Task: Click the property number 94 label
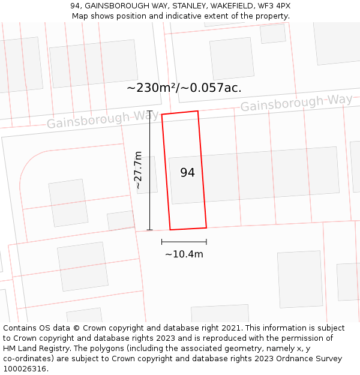[187, 173]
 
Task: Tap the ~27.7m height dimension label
[138, 170]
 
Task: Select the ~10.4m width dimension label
[184, 254]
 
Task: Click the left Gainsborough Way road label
[103, 119]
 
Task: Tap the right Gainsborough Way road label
[296, 103]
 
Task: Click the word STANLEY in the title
[189, 6]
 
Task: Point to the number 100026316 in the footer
[25, 369]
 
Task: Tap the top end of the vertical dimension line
[149, 111]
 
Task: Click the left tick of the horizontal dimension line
[161, 242]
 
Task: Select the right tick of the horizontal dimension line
[206, 242]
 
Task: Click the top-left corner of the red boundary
[162, 115]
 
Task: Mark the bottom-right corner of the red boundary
[206, 227]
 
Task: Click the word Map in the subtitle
[81, 16]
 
